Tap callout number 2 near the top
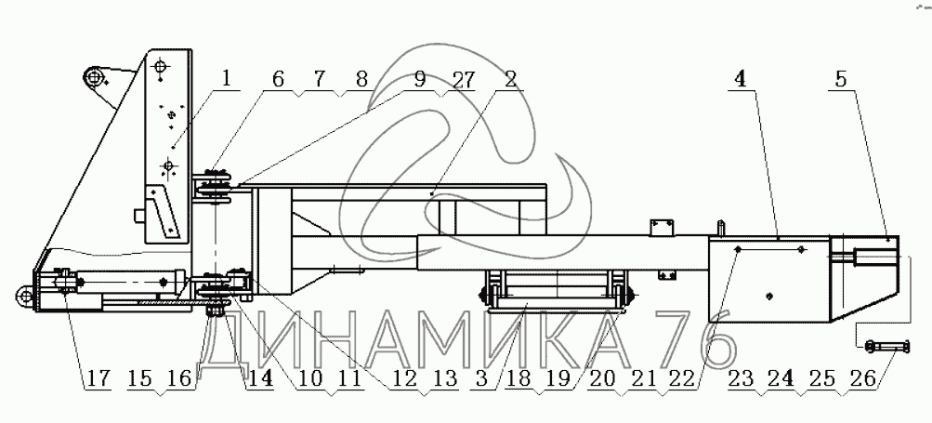pos(510,80)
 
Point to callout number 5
pos(840,80)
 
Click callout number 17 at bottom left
pos(98,379)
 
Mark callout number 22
pos(682,379)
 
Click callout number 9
pos(420,80)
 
